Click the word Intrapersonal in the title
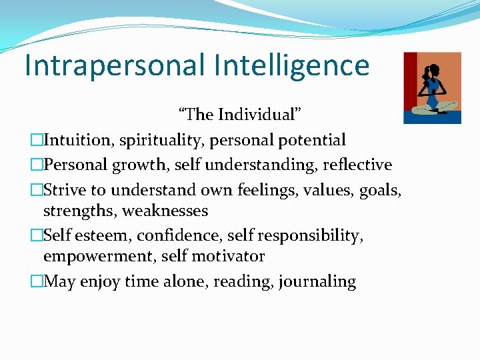tap(112, 66)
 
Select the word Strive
tap(64, 190)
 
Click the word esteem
tap(95, 235)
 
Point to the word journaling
tap(317, 281)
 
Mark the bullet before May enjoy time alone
tap(37, 281)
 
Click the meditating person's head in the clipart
tap(434, 70)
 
